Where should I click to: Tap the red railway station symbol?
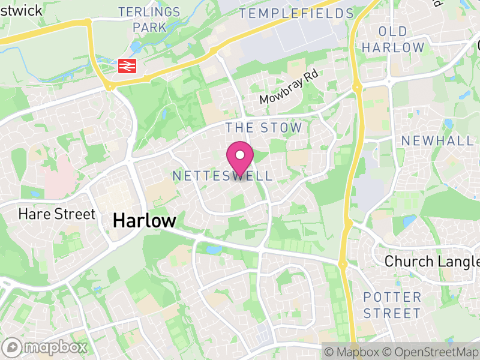pos(127,65)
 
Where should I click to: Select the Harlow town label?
pos(144,221)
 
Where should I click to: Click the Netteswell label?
pos(222,176)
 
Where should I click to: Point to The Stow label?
pos(263,127)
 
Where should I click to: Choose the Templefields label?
pos(296,13)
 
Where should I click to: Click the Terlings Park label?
pos(141,19)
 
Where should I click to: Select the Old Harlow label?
pos(393,39)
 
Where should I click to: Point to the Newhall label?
pos(437,140)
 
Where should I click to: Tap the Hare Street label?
pos(56,214)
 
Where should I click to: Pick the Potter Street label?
pos(392,305)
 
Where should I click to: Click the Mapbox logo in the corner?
pos(46,347)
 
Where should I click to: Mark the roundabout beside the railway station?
pos(109,86)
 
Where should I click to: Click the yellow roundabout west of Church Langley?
pos(343,263)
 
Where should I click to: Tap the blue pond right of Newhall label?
pos(449,124)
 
